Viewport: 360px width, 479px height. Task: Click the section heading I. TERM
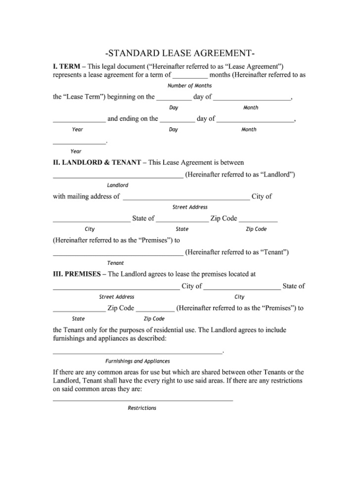(67, 66)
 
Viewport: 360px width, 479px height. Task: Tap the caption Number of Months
(189, 86)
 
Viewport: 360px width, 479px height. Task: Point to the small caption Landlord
(118, 185)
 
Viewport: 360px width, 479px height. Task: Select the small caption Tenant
(116, 263)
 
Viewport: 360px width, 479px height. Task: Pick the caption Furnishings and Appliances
(137, 361)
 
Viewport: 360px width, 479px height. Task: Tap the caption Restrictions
(142, 408)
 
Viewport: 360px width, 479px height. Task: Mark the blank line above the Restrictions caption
(142, 400)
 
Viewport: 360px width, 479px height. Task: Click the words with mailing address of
(86, 196)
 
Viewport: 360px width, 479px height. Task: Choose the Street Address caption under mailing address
(190, 207)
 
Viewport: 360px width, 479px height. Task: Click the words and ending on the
(133, 119)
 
